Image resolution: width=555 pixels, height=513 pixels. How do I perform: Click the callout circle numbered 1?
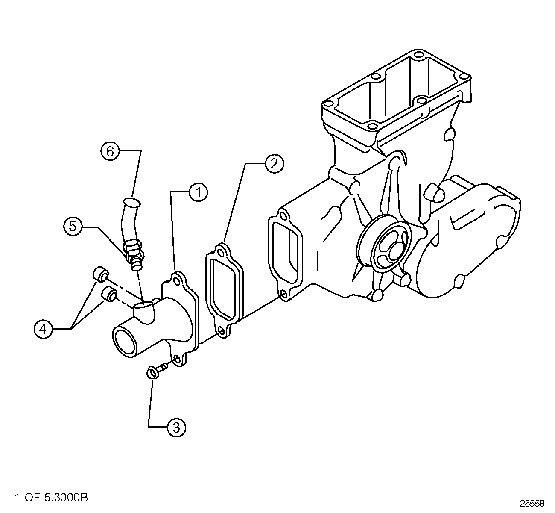(198, 192)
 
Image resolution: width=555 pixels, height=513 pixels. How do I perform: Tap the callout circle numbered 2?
(274, 163)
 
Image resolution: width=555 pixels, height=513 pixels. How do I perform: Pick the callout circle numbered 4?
(43, 329)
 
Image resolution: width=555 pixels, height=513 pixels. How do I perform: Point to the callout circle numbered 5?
(73, 226)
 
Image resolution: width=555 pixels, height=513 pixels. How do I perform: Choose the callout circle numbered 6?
(111, 151)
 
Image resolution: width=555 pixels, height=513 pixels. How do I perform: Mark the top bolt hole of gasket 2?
(222, 253)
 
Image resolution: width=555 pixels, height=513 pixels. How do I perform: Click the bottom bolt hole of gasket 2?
(221, 332)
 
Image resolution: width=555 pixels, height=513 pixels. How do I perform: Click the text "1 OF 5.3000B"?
(51, 497)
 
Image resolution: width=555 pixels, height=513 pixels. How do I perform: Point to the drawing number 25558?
(532, 503)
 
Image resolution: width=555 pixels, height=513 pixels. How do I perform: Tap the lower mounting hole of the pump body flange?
(283, 294)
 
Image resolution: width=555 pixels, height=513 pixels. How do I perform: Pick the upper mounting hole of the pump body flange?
(283, 216)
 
